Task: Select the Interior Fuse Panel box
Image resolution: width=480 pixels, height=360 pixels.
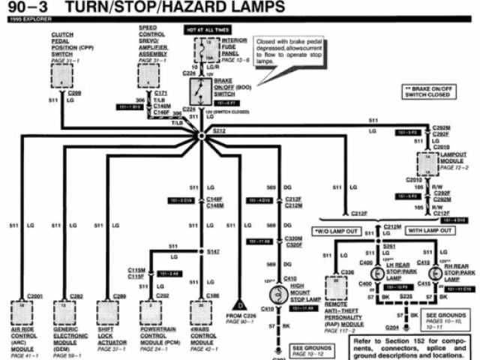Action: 203,49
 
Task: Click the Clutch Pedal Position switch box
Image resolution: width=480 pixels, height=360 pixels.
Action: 61,76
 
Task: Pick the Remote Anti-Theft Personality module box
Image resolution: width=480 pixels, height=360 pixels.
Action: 334,288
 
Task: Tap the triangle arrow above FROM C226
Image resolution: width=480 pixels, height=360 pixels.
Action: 240,305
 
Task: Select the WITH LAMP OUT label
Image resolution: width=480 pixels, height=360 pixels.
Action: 429,231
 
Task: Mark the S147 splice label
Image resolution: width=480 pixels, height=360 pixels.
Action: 214,252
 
